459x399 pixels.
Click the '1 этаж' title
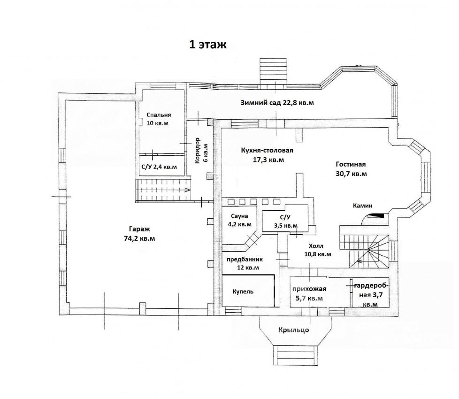[x=208, y=45]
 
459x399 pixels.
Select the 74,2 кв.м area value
[x=140, y=238]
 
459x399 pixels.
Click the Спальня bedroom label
[x=159, y=115]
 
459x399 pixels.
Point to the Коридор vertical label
[x=197, y=151]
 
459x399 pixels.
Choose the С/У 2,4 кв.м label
[x=159, y=167]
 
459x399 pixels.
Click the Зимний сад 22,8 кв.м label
[x=277, y=103]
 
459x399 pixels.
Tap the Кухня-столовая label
[x=267, y=151]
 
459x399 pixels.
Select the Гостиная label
[x=351, y=164]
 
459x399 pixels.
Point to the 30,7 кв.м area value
[x=351, y=174]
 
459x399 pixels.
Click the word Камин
[x=363, y=206]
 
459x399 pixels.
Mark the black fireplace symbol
[x=375, y=216]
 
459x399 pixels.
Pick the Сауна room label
[x=239, y=216]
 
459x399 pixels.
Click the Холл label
[x=316, y=246]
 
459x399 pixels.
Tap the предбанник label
[x=245, y=260]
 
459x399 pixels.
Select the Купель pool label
[x=243, y=292]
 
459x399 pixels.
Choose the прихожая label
[x=309, y=289]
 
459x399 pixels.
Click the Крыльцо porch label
[x=294, y=330]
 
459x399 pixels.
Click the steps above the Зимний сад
[x=273, y=71]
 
